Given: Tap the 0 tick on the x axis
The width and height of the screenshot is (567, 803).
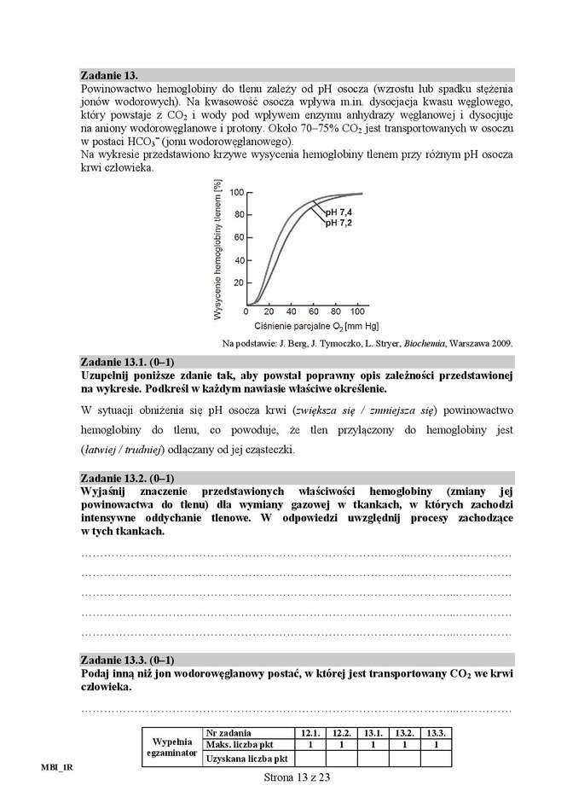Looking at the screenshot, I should click(x=247, y=311).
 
